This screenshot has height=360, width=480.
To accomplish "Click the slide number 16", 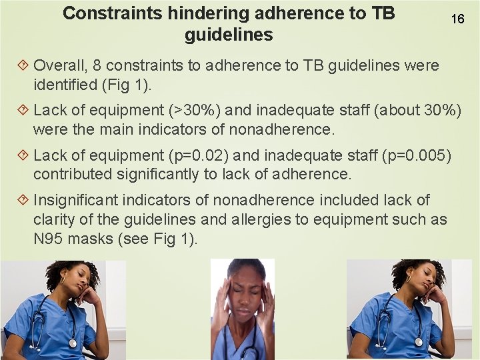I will [457, 19].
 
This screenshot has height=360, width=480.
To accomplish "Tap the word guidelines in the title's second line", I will [229, 35].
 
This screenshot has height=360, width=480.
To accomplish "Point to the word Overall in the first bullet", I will [57, 65].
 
